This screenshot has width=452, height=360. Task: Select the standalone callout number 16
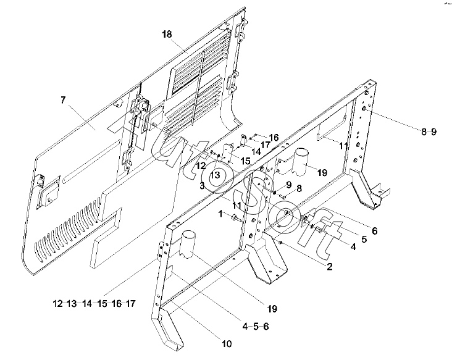coord(273,136)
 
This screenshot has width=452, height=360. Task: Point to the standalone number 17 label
coord(265,145)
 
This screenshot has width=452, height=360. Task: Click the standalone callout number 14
coord(256,151)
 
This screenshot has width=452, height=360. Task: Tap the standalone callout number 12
coord(201,165)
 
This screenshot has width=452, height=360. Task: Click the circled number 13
coord(214,175)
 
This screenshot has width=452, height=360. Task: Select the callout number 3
coord(201,185)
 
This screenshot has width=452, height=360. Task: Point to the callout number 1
coord(219,213)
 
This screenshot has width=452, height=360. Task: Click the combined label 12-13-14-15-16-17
coord(93,303)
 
